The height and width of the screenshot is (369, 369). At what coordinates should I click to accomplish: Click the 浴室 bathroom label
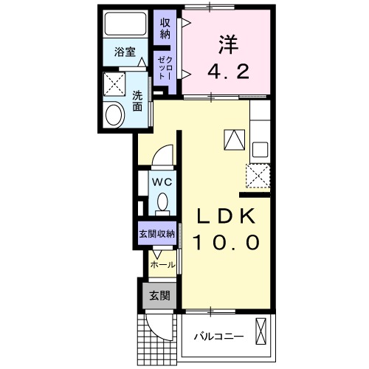[x=124, y=52]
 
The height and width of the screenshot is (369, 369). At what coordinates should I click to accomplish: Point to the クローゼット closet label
[x=165, y=72]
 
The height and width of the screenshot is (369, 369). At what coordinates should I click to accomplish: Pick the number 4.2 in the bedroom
[x=227, y=72]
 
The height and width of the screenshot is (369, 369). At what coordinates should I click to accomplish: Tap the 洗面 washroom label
[x=137, y=100]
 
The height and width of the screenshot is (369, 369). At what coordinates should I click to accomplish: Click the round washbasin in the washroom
[x=115, y=114]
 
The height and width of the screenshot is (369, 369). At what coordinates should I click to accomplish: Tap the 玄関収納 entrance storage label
[x=156, y=234]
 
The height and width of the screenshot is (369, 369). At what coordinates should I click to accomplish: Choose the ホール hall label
[x=162, y=264]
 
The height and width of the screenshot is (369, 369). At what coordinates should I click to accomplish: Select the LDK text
[x=227, y=216]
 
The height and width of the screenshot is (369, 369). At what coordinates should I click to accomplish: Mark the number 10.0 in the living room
[x=227, y=242]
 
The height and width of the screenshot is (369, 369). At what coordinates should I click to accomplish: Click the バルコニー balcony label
[x=218, y=337]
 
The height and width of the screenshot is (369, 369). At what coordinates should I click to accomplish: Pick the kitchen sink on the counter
[x=261, y=148]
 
